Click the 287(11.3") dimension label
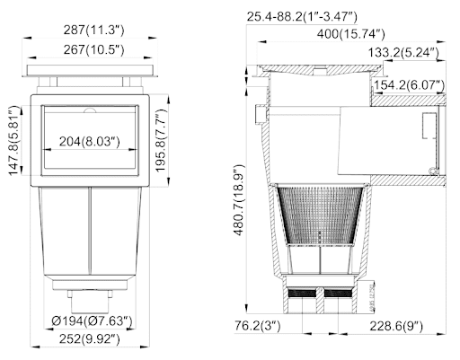pos(93,31)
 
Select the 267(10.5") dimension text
pos(93,49)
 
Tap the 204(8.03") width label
pos(89,141)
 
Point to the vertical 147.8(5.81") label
pos(15,140)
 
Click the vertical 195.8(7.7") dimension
pos(161,140)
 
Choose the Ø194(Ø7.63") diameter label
pos(92,321)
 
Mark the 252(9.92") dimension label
pos(89,339)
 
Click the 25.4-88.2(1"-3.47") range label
pos(302,17)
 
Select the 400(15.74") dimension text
pos(350,34)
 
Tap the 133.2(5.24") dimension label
pos(403,53)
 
